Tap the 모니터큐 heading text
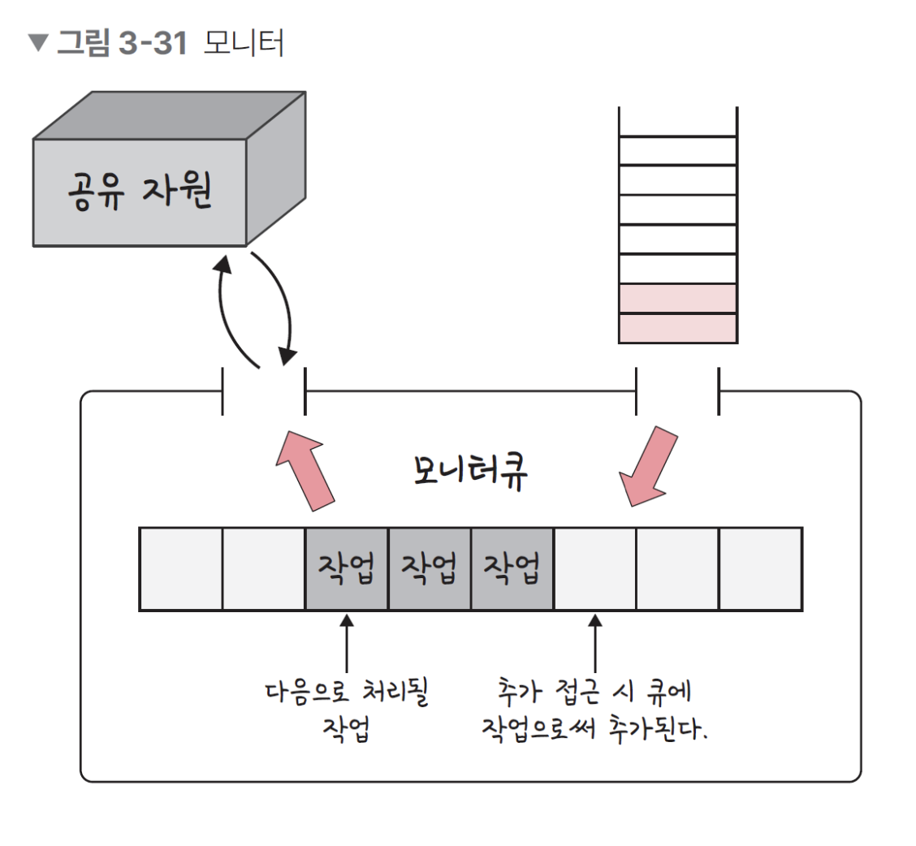tap(469, 471)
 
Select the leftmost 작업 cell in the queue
tap(347, 568)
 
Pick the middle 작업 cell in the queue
tap(430, 568)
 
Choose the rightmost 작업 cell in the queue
tap(512, 568)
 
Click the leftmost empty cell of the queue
tap(181, 568)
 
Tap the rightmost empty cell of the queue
tap(761, 568)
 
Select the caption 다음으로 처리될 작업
tap(347, 708)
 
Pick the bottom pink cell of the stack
tap(677, 328)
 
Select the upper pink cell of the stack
tap(677, 298)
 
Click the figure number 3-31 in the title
tap(153, 43)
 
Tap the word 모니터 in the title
tap(244, 43)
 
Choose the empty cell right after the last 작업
tap(595, 568)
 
